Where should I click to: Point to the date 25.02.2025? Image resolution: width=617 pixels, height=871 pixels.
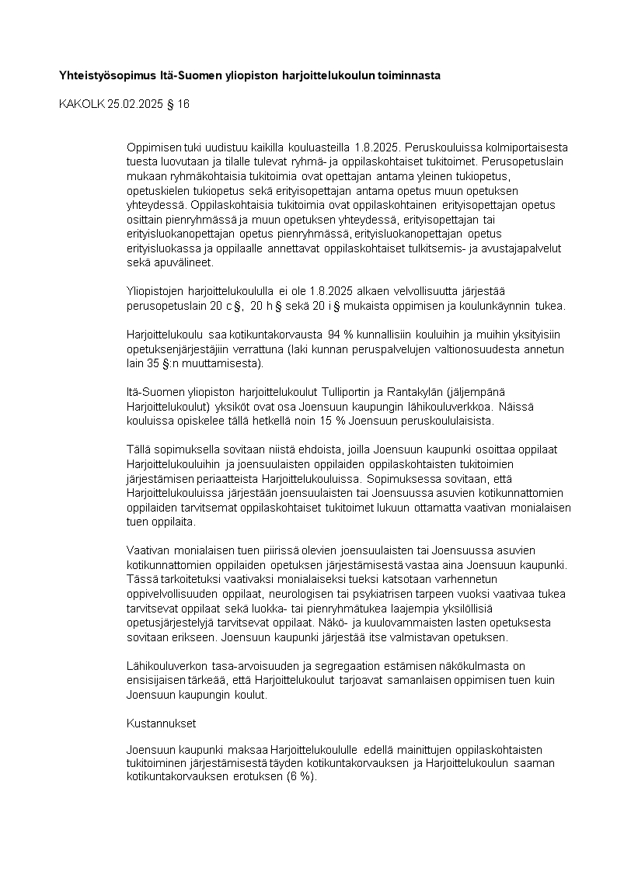pyautogui.click(x=137, y=103)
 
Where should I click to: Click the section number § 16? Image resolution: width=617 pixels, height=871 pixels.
pyautogui.click(x=179, y=103)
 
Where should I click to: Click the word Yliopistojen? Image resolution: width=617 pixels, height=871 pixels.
pyautogui.click(x=155, y=291)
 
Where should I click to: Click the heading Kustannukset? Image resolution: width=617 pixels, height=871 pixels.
pyautogui.click(x=162, y=723)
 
